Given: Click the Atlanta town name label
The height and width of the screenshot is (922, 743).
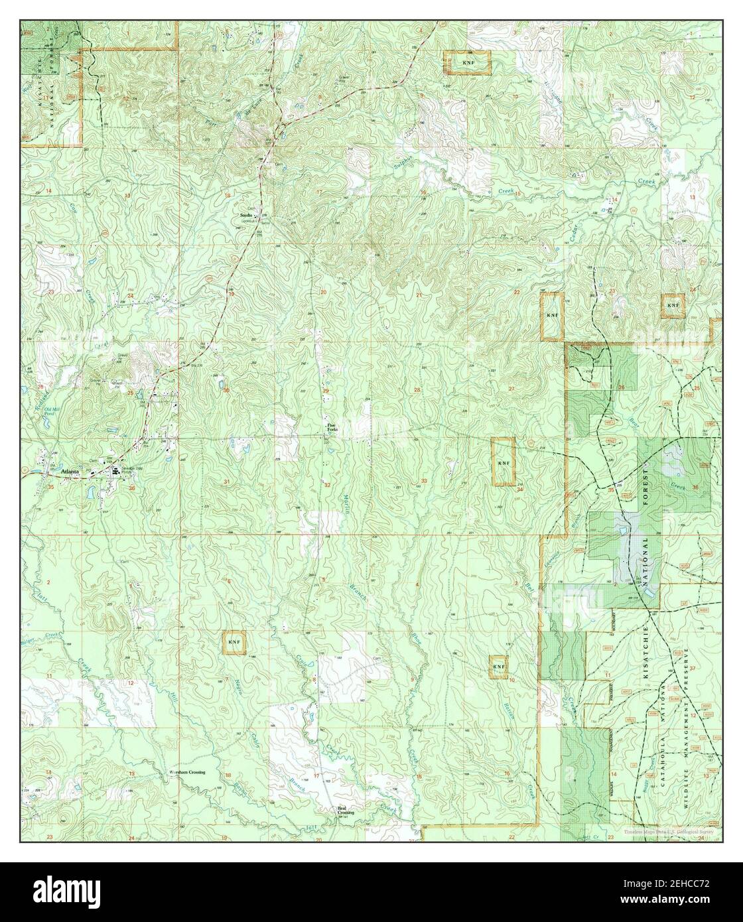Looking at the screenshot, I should (x=70, y=472).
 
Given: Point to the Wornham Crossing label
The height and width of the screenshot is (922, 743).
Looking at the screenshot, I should (x=188, y=773).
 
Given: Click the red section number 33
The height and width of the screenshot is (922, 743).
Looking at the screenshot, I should (x=423, y=480).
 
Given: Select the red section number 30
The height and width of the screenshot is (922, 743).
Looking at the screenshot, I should (x=226, y=390).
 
